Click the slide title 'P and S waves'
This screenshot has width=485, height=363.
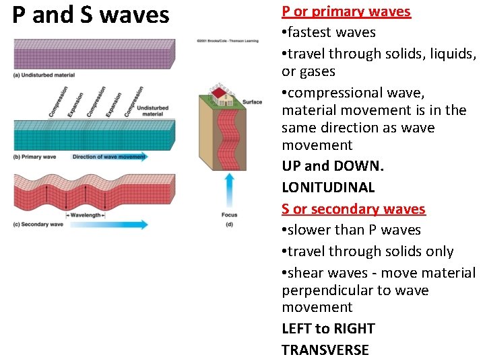91,15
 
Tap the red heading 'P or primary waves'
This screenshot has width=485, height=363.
346,11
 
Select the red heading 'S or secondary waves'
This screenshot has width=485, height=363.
354,209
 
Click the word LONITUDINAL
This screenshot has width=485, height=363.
328,188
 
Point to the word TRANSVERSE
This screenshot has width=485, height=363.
325,350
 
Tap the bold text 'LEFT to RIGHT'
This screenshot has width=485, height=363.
328,329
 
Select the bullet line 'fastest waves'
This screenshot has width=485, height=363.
329,32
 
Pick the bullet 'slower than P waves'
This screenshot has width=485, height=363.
351,230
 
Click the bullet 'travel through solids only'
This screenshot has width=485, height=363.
368,251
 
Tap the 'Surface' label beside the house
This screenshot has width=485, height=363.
252,102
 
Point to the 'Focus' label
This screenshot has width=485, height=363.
229,215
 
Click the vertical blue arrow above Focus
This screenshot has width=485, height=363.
229,190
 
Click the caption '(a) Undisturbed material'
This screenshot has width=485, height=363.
44,75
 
